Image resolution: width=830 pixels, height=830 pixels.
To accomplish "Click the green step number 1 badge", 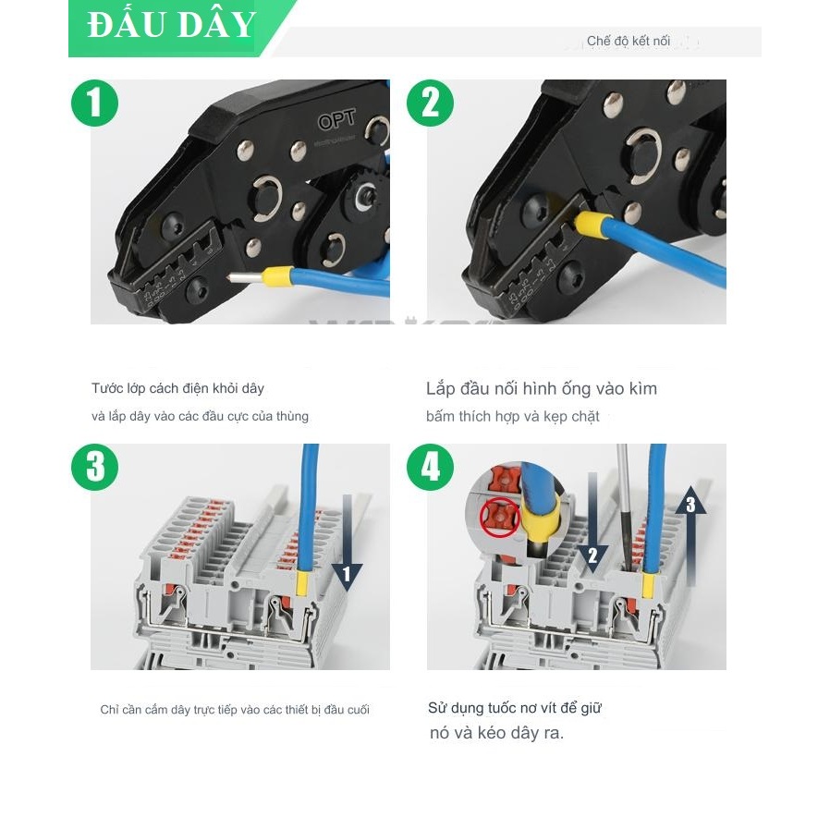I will [x=95, y=103].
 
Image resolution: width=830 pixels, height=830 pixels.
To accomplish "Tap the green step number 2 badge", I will [x=431, y=103].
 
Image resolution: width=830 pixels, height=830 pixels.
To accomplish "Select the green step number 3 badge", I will [x=95, y=467].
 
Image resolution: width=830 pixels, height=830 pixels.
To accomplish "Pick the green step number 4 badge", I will [x=431, y=467].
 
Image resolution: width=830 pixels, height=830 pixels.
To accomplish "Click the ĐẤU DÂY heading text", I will [x=172, y=26].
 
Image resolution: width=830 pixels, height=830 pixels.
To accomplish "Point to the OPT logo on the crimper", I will [x=336, y=121].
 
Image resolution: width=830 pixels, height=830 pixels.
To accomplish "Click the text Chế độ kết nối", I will [x=629, y=42].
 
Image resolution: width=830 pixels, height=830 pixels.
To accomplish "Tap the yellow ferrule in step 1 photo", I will [x=277, y=275].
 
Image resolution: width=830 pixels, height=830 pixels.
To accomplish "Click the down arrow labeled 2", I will [x=592, y=527].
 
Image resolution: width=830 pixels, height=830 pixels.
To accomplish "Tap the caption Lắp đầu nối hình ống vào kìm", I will [x=542, y=388].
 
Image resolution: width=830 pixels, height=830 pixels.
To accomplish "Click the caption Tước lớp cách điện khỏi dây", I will [x=177, y=388].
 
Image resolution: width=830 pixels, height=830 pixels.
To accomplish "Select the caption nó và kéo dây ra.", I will [x=496, y=733].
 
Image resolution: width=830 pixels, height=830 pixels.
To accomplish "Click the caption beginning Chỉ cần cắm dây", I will [x=235, y=710].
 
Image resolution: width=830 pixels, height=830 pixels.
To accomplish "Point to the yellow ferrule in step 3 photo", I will [x=301, y=582].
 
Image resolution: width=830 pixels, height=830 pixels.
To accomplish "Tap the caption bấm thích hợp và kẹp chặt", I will [x=513, y=417].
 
